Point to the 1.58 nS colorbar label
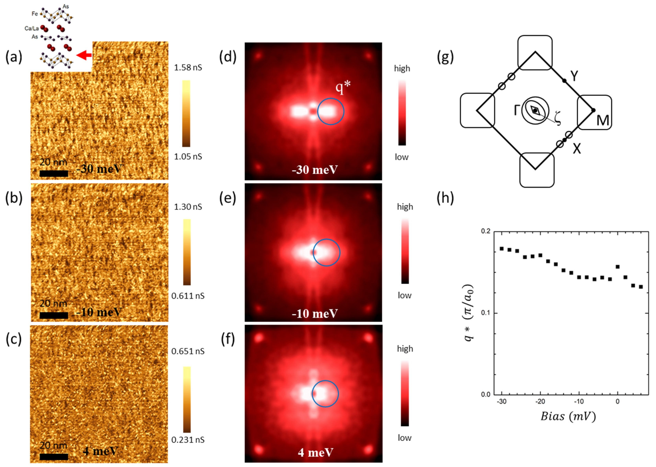pos(188,68)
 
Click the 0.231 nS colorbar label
pos(188,440)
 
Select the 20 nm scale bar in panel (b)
pos(54,315)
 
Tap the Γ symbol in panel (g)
pos(517,110)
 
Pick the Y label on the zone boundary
pos(574,76)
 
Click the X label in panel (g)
pos(577,149)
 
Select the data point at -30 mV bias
pos(502,248)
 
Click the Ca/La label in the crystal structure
pos(31,28)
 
